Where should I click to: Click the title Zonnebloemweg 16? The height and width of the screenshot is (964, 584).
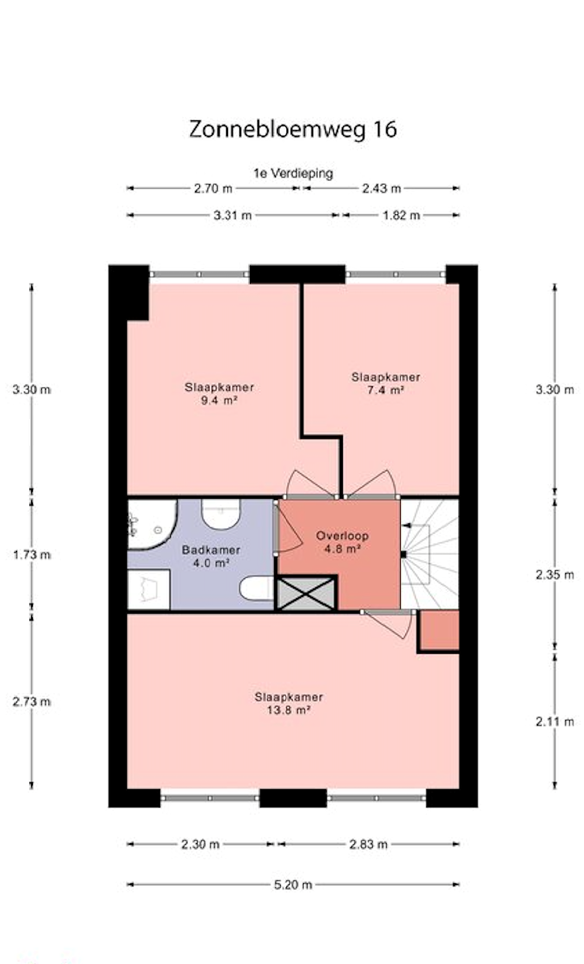(293, 129)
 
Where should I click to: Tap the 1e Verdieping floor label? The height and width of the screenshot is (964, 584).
(293, 173)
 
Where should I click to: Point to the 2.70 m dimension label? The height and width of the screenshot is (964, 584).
(213, 188)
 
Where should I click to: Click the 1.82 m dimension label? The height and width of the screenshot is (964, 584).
(401, 215)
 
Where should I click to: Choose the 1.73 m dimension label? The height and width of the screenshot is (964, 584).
(32, 554)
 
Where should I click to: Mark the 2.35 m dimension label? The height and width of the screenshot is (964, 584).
(554, 575)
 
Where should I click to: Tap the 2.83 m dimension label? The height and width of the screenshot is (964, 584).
(368, 844)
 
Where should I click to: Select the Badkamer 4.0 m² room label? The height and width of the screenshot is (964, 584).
(211, 556)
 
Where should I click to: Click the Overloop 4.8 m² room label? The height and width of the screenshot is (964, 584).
(342, 542)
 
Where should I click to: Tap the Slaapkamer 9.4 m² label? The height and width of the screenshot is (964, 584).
(219, 394)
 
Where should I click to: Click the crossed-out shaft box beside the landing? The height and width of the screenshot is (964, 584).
(306, 594)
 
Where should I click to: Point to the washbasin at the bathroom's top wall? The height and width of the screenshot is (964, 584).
(221, 514)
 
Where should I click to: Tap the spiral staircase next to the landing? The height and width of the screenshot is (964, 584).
(429, 554)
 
